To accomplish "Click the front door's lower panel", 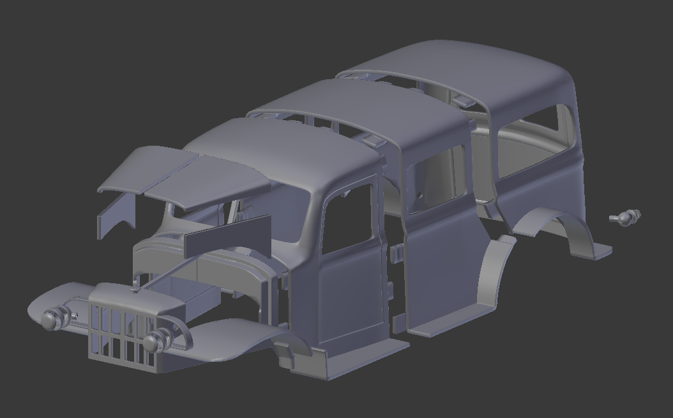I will tap(348, 300).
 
